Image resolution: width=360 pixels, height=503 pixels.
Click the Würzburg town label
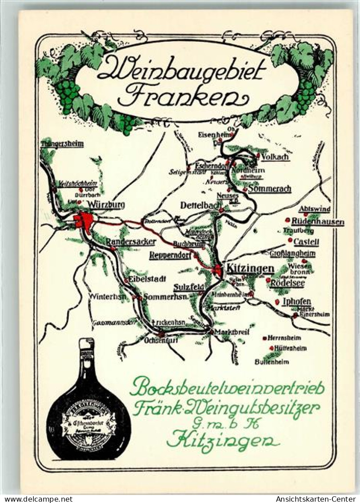(x=106, y=205)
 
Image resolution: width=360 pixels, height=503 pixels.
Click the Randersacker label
(x=131, y=242)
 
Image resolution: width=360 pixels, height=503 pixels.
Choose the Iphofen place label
(x=296, y=301)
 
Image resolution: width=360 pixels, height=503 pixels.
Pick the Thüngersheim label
(x=62, y=144)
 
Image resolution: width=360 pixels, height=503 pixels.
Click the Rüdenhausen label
(x=318, y=222)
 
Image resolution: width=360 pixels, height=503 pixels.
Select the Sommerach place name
(x=269, y=189)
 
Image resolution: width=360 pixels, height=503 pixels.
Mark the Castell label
(x=306, y=242)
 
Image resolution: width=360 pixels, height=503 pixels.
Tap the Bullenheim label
(x=272, y=362)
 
